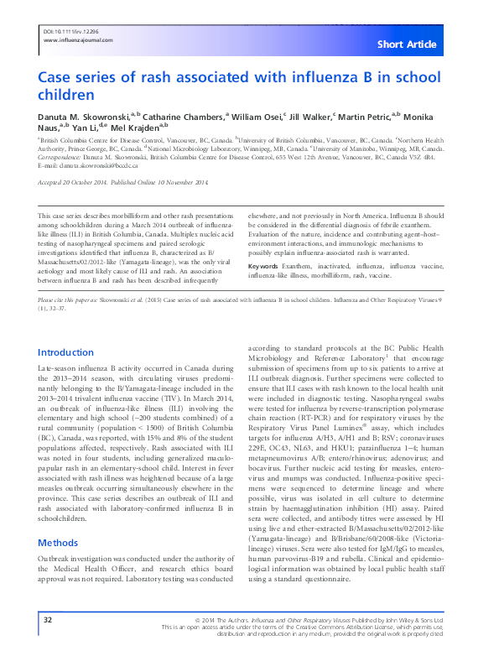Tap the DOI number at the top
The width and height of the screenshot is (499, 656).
(x=65, y=30)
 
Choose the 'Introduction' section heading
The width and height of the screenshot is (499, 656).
(x=66, y=353)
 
